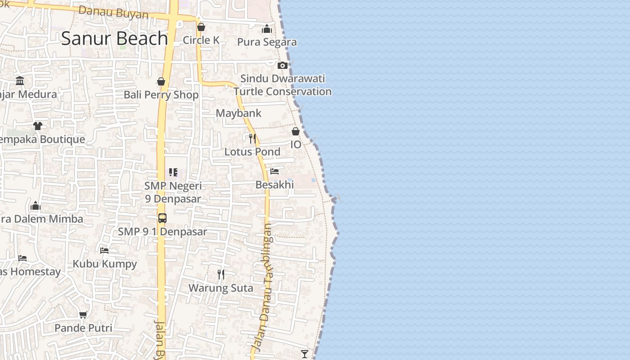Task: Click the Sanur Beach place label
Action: coord(114,38)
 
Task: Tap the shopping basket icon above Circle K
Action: coord(201,27)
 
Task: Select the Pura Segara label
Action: coord(267,42)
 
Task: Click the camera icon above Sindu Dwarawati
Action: coord(283,65)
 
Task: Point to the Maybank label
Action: coord(238,113)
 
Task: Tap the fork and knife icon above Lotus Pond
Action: coord(252,138)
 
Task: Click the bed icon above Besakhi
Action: coord(274,171)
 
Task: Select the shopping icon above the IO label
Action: coord(296,131)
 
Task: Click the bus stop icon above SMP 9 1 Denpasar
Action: coord(162,218)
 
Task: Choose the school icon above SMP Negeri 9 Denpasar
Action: coord(173,172)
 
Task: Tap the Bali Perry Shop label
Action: coord(161,94)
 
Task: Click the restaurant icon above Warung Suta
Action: coord(221,274)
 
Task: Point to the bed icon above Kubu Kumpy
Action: coord(105,250)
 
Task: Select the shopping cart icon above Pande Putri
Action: coord(83,315)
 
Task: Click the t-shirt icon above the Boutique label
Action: coord(38,126)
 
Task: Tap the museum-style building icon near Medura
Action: coord(20,81)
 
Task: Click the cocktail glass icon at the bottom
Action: coord(305,354)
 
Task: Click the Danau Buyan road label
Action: coord(113,12)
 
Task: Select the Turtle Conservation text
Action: coord(283,91)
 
